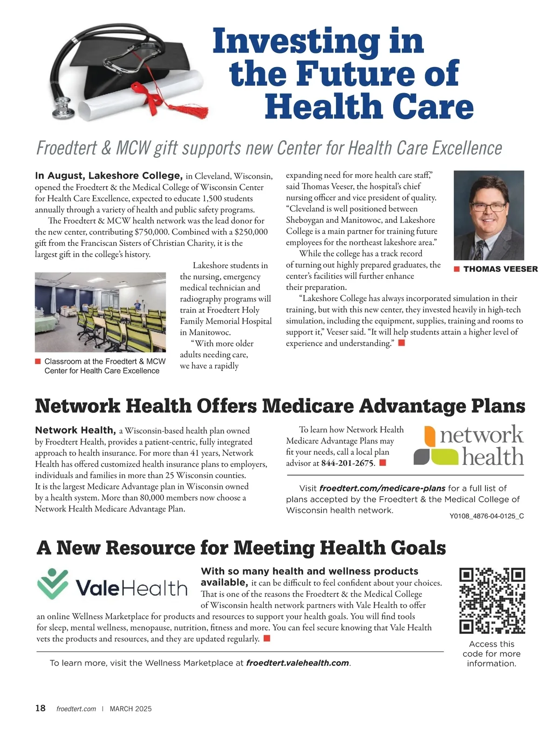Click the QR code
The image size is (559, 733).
(492, 600)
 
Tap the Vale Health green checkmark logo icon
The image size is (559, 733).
(53, 584)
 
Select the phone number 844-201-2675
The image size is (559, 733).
(348, 463)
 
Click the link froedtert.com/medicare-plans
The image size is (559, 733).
(382, 488)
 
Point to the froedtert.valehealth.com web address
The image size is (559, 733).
(297, 663)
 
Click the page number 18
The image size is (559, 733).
(41, 708)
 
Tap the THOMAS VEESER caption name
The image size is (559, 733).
(500, 269)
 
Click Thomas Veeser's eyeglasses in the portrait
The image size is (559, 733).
(488, 207)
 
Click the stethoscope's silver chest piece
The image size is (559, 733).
(63, 108)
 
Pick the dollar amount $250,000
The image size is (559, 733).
(251, 232)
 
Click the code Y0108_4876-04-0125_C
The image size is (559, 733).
(486, 516)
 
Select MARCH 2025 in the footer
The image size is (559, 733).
(130, 709)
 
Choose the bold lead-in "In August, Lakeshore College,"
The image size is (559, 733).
(109, 175)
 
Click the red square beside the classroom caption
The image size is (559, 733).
(38, 362)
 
